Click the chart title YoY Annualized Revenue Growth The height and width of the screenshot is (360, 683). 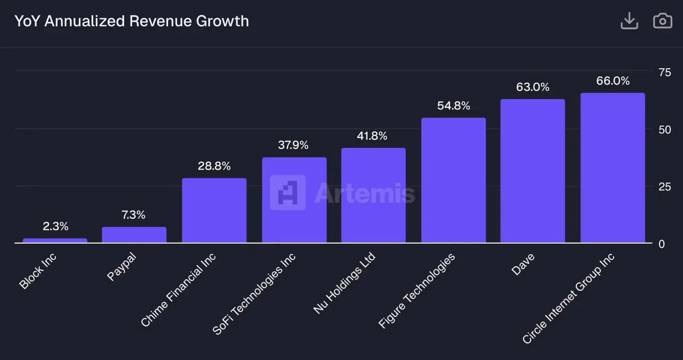(x=131, y=21)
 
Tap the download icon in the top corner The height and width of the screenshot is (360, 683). (x=630, y=21)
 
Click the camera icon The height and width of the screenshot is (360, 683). (x=663, y=21)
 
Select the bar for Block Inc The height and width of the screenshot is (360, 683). (x=54, y=241)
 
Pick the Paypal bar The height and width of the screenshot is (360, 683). (x=134, y=235)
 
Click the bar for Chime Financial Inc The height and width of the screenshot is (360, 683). (x=214, y=211)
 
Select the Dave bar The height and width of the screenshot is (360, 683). (x=533, y=171)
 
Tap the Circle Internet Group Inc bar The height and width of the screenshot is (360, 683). (x=613, y=168)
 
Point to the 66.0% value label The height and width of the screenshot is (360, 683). (x=613, y=81)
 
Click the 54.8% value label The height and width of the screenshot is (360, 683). (x=454, y=106)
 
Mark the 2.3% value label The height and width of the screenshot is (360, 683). (x=55, y=227)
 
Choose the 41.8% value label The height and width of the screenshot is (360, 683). (x=372, y=136)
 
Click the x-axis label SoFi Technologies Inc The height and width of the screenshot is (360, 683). (x=255, y=293)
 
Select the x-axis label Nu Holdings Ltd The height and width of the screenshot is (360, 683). (x=344, y=283)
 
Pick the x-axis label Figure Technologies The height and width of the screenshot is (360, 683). (x=417, y=291)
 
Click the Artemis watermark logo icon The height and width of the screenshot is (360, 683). (x=288, y=193)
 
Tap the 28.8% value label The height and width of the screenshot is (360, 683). (x=214, y=166)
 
